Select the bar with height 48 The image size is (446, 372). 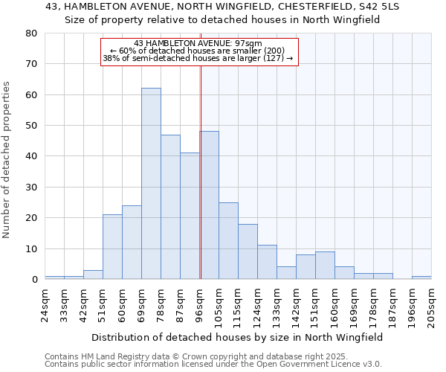tap(209, 205)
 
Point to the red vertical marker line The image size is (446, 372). tap(201, 186)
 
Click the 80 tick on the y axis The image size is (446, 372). tap(31, 33)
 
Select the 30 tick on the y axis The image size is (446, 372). tap(31, 187)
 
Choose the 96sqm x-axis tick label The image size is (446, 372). tap(200, 302)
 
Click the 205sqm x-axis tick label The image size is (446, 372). tap(432, 304)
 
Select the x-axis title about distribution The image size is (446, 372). tap(237, 337)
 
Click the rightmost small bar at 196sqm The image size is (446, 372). tap(421, 278)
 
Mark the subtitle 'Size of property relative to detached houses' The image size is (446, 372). tap(222, 20)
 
